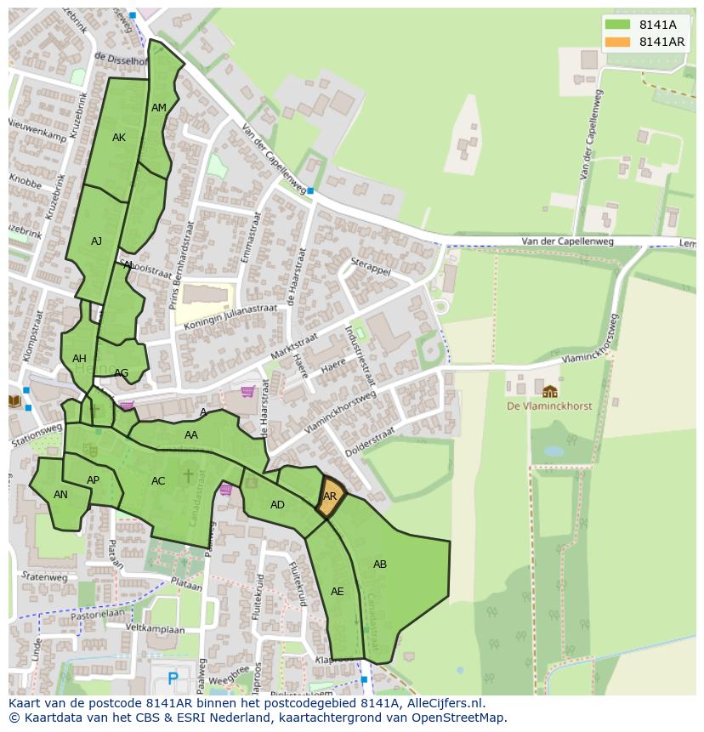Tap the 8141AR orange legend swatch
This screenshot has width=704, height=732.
point(618,42)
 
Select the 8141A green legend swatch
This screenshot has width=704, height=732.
point(618,25)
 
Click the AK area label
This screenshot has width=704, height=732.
point(119,138)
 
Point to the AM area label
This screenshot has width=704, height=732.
point(159,108)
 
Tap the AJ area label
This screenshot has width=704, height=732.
point(96,241)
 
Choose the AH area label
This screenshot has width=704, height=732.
point(79,359)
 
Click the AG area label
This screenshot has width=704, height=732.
point(121,373)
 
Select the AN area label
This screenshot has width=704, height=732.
point(60,495)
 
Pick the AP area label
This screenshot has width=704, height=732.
point(94,480)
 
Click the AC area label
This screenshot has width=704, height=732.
point(158,481)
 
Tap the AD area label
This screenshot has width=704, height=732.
point(277,505)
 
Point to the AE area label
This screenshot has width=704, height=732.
point(338,592)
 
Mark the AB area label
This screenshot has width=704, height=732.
point(380,565)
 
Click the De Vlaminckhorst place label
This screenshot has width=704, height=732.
point(549,406)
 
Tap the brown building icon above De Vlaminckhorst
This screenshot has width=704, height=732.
point(550,391)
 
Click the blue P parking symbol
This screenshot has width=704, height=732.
point(173,678)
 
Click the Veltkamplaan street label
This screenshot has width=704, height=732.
point(155,629)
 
